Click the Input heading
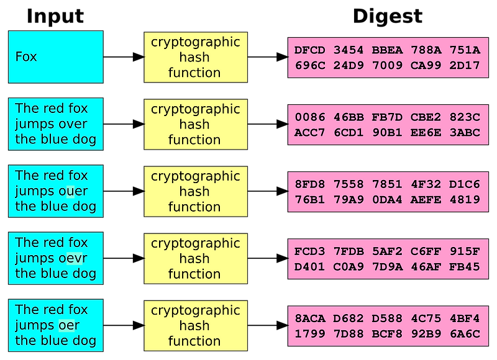point(55,16)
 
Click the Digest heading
point(388,16)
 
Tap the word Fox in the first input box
point(26,56)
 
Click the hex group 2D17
point(465,65)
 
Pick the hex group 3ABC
point(465,132)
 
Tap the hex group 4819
point(465,199)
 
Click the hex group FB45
point(465,267)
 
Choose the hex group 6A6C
point(465,334)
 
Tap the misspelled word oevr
point(73,258)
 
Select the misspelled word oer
point(69,325)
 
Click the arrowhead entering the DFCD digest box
point(282,57)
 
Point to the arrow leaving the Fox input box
point(124,57)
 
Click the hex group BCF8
point(387,334)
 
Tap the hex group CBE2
point(426,117)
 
